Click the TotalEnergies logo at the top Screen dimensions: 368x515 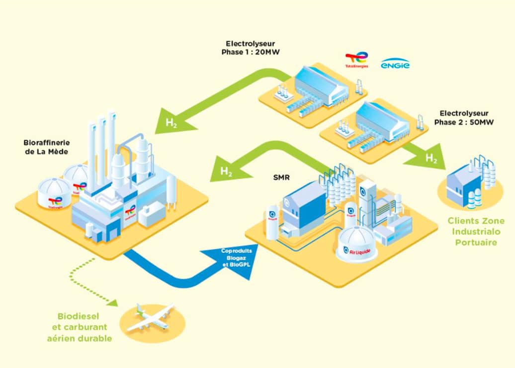(x=356, y=60)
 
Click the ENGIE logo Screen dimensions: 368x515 (x=395, y=64)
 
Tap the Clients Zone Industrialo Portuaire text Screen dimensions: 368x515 (x=476, y=231)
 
